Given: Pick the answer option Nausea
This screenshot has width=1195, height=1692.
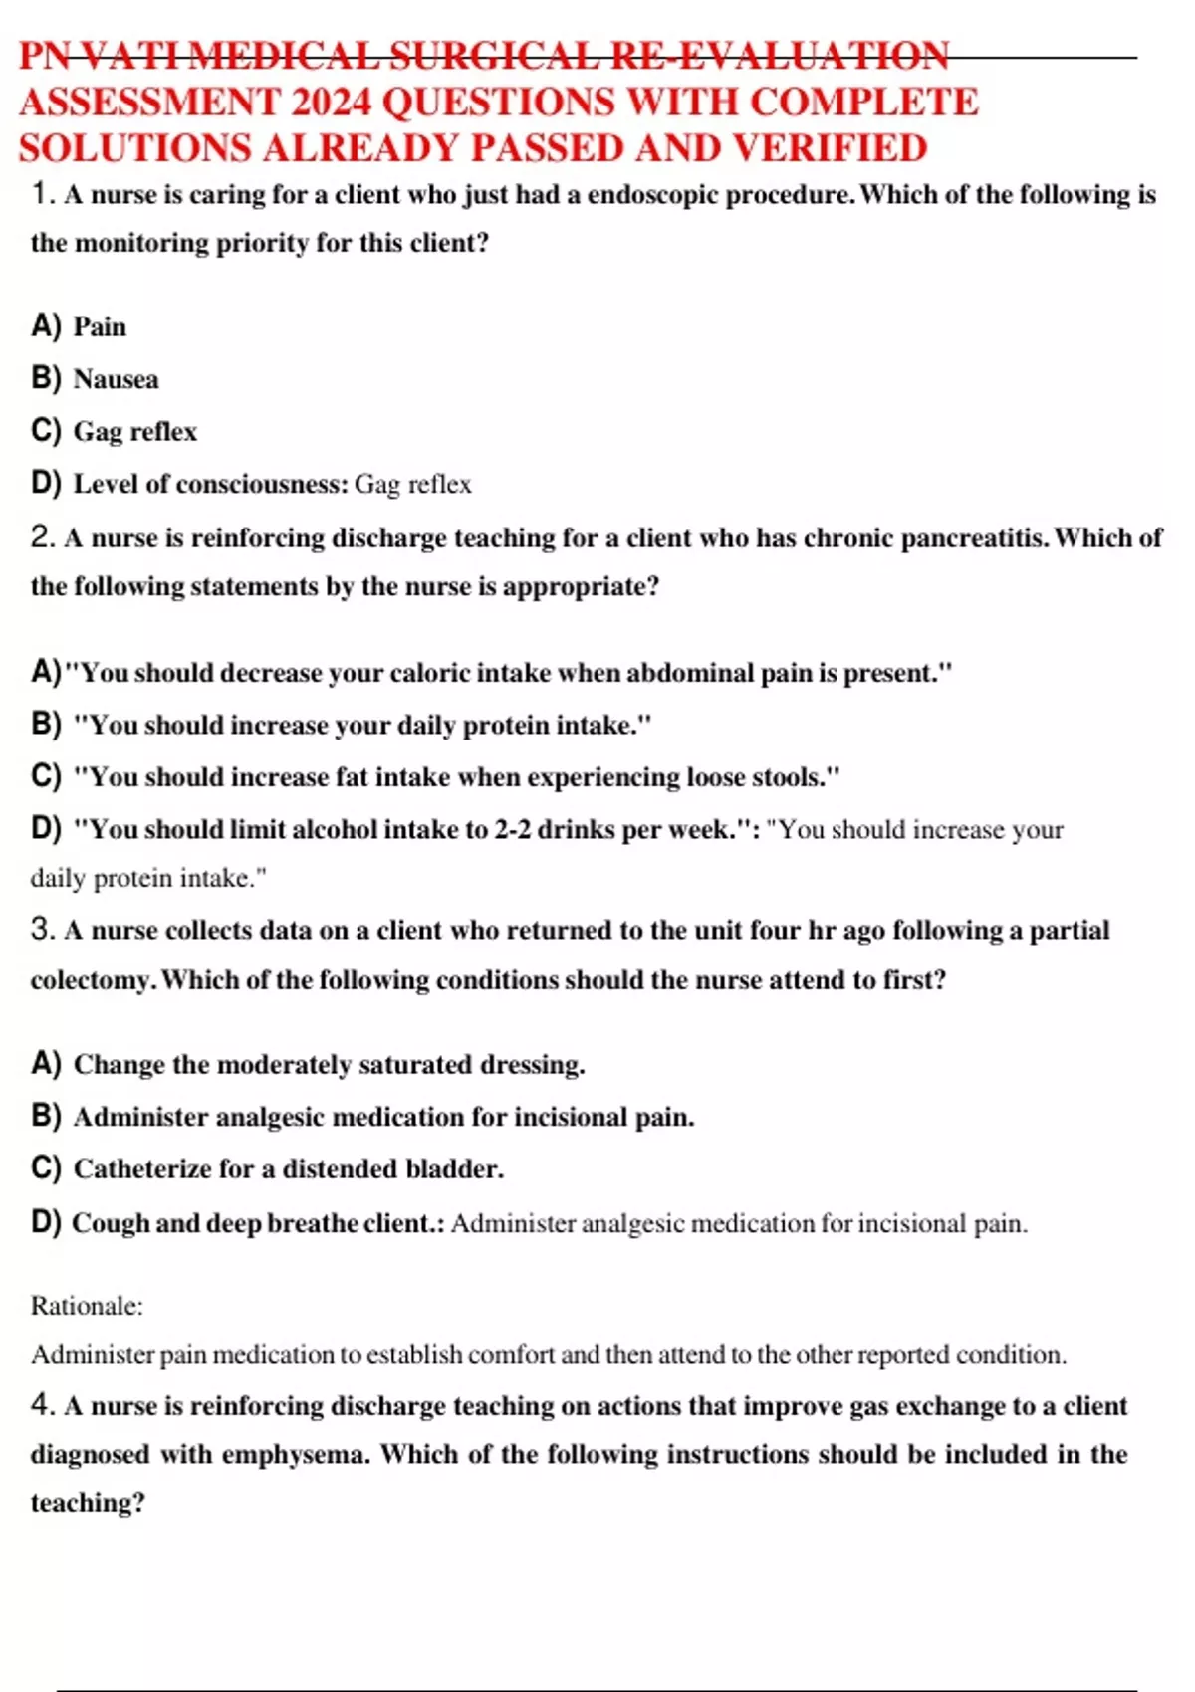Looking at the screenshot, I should tap(116, 379).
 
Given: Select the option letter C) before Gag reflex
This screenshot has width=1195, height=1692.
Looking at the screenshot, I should tap(46, 431).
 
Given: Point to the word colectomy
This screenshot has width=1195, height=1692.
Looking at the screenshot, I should tap(92, 980).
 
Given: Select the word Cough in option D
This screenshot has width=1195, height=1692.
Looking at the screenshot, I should tap(110, 1223).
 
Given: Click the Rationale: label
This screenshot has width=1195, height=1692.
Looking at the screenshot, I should tap(87, 1306).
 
